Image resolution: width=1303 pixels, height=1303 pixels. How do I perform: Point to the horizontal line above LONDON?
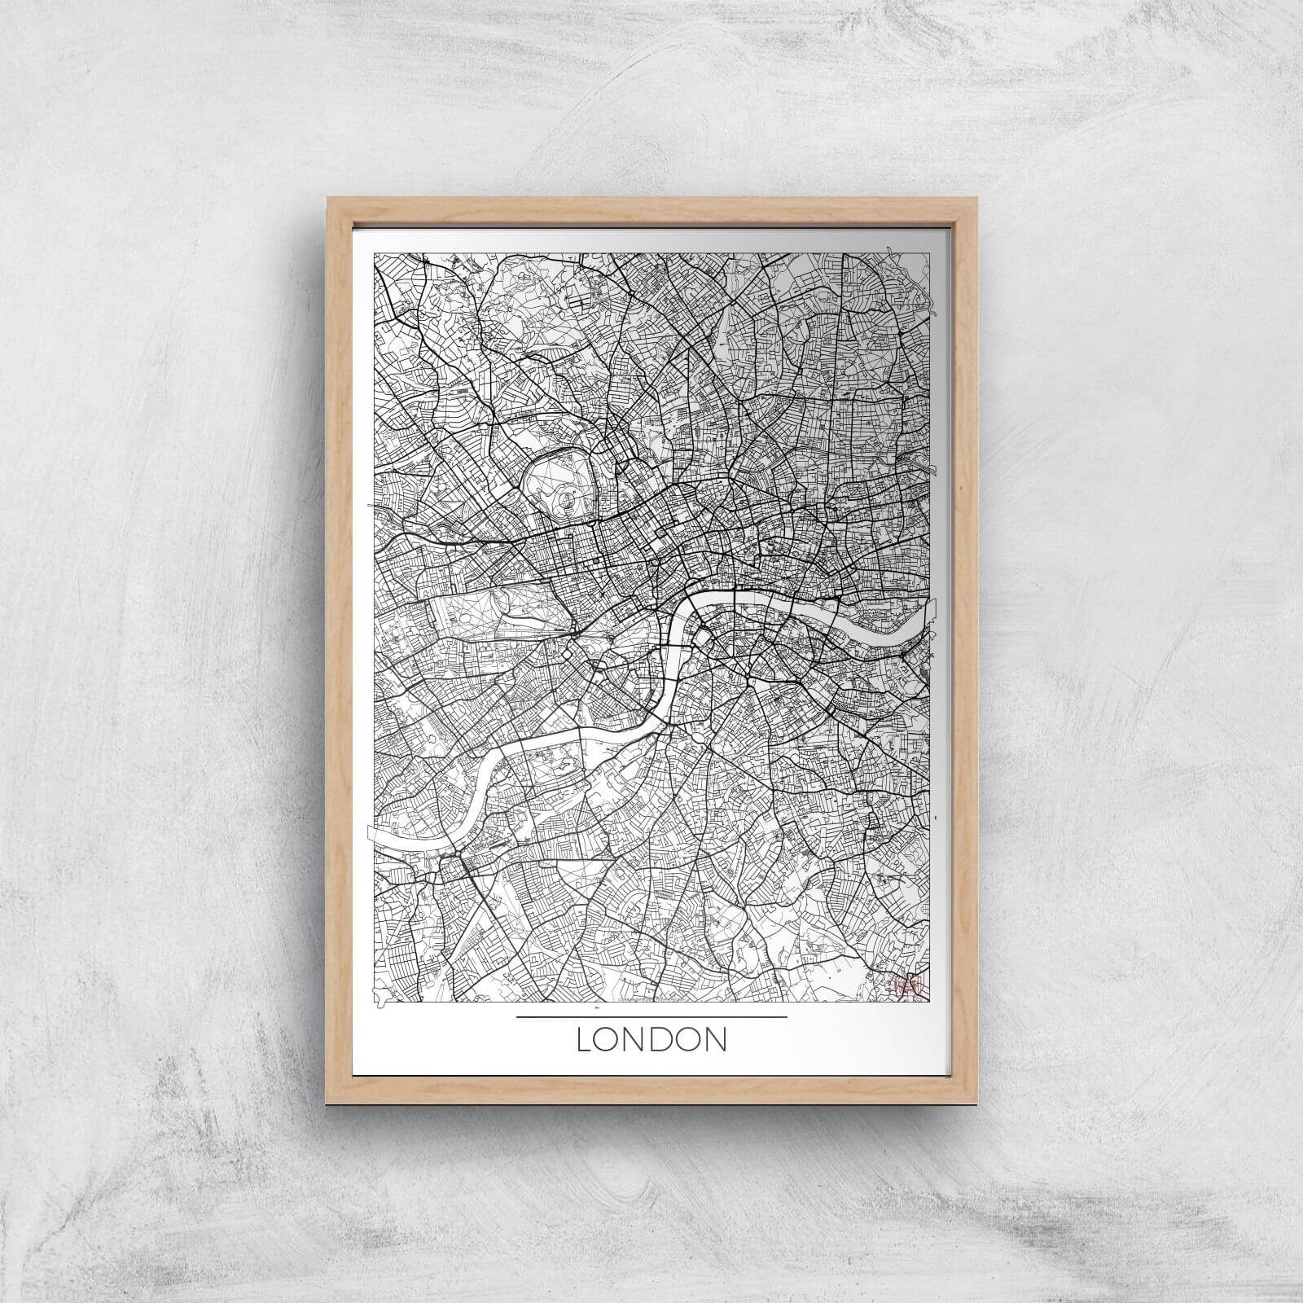click(651, 1017)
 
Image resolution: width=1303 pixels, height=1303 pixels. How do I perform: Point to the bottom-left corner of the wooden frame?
click(327, 1103)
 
